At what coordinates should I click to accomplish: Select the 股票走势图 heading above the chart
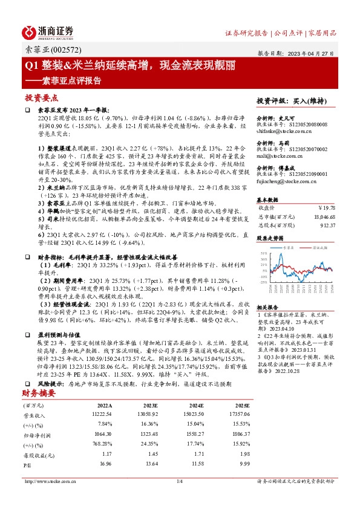click(270, 238)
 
